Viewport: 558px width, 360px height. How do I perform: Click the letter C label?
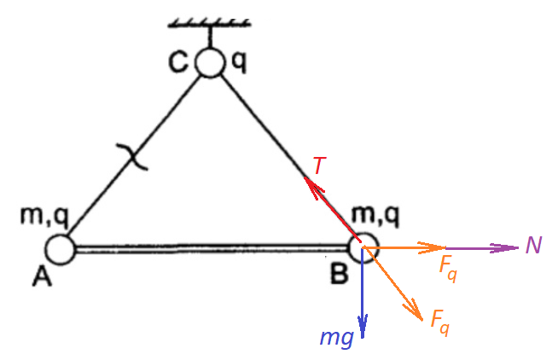(177, 62)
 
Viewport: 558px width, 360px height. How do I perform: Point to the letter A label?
(43, 276)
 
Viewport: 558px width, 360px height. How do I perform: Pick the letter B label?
(339, 274)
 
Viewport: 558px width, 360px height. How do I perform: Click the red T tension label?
(319, 165)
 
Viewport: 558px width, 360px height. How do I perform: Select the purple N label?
(533, 245)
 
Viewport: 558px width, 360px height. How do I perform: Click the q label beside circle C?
(239, 63)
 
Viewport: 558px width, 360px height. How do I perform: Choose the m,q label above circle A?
(44, 217)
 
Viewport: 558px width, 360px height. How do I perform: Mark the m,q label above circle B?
(375, 216)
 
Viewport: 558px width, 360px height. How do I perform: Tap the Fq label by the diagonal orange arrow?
(440, 323)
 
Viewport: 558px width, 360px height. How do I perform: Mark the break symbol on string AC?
(133, 156)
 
